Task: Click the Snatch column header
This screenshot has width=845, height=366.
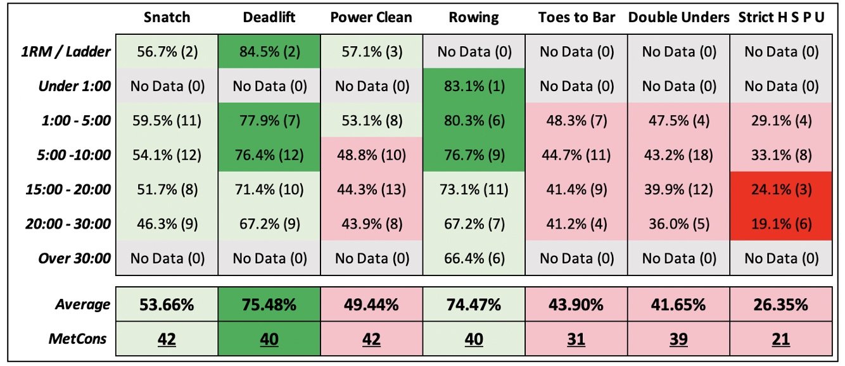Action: pyautogui.click(x=167, y=17)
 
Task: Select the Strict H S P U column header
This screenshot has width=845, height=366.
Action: pyautogui.click(x=781, y=17)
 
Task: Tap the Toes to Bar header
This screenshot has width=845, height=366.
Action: pyautogui.click(x=576, y=17)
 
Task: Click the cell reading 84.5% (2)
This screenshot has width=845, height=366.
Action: pyautogui.click(x=269, y=52)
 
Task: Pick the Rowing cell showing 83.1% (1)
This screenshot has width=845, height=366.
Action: pyautogui.click(x=474, y=86)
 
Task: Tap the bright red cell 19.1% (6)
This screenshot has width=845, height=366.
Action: pyautogui.click(x=781, y=224)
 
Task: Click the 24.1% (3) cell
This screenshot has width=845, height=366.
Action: pyautogui.click(x=781, y=189)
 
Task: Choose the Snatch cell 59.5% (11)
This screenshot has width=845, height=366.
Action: pyautogui.click(x=167, y=120)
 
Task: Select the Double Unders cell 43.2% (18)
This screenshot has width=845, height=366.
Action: pyautogui.click(x=678, y=155)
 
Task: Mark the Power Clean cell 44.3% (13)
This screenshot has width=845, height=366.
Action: pyautogui.click(x=371, y=189)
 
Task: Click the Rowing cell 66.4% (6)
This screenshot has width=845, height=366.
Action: pyautogui.click(x=474, y=258)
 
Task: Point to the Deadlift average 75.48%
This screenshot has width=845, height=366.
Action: pyautogui.click(x=269, y=305)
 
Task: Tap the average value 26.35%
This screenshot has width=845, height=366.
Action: pyautogui.click(x=781, y=305)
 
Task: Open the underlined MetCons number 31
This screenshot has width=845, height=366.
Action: pyautogui.click(x=576, y=339)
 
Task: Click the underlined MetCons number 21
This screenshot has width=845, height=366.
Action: pyautogui.click(x=781, y=339)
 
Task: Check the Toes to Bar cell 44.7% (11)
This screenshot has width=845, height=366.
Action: pyautogui.click(x=576, y=155)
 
